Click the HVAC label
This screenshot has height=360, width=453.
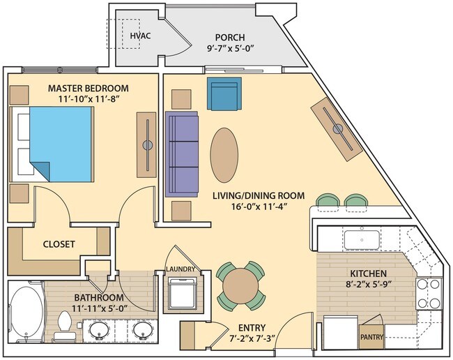tap(141, 36)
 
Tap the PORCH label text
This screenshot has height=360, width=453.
tap(229, 38)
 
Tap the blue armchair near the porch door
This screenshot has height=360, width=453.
tap(224, 95)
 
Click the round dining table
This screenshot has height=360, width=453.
tap(240, 285)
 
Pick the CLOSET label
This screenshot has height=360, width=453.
tap(59, 244)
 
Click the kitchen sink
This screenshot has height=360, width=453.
tap(362, 239)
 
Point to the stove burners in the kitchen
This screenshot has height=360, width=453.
tap(429, 294)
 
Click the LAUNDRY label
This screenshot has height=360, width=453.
tap(181, 269)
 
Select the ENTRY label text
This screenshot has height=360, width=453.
tap(252, 327)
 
